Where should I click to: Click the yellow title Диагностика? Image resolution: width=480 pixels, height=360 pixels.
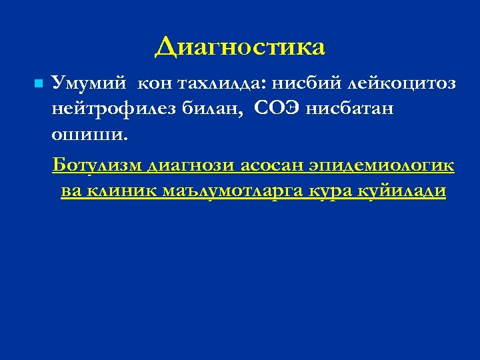[240, 47]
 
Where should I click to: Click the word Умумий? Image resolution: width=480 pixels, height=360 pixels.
[91, 84]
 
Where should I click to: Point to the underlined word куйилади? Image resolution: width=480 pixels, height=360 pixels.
[403, 191]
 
